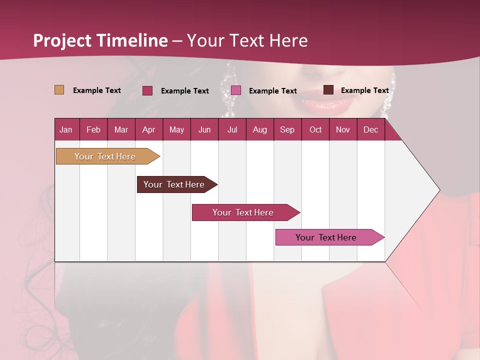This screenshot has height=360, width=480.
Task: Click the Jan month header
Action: click(66, 130)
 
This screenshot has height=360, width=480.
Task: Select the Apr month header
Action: click(149, 130)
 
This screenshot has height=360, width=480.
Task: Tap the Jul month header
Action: click(232, 130)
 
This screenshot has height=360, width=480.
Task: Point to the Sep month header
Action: click(287, 130)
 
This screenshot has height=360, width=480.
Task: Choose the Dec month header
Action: click(370, 130)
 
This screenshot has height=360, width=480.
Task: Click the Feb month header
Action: click(93, 130)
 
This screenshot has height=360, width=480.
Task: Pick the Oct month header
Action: click(315, 130)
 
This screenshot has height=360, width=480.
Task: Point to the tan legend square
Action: click(59, 90)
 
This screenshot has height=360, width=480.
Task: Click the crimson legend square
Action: click(147, 90)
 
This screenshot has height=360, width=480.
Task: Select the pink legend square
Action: click(236, 90)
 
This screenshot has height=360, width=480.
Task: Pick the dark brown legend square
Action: click(328, 90)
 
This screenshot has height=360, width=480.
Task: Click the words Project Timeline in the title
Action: click(100, 40)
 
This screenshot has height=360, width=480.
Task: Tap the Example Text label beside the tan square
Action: click(97, 90)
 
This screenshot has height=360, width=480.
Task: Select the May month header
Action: click(176, 130)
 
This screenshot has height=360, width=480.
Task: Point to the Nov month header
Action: click(343, 130)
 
